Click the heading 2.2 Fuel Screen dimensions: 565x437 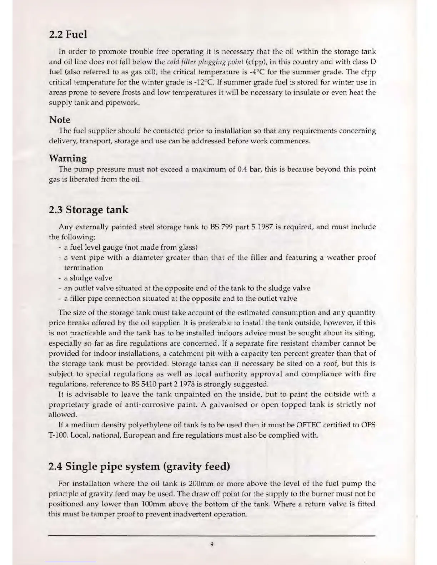[68, 35]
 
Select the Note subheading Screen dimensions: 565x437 [60, 120]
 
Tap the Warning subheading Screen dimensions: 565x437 [67, 158]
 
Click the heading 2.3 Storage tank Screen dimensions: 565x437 [89, 210]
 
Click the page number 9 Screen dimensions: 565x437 [212, 544]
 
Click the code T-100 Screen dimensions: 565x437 [58, 436]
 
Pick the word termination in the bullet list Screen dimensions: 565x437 [83, 268]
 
